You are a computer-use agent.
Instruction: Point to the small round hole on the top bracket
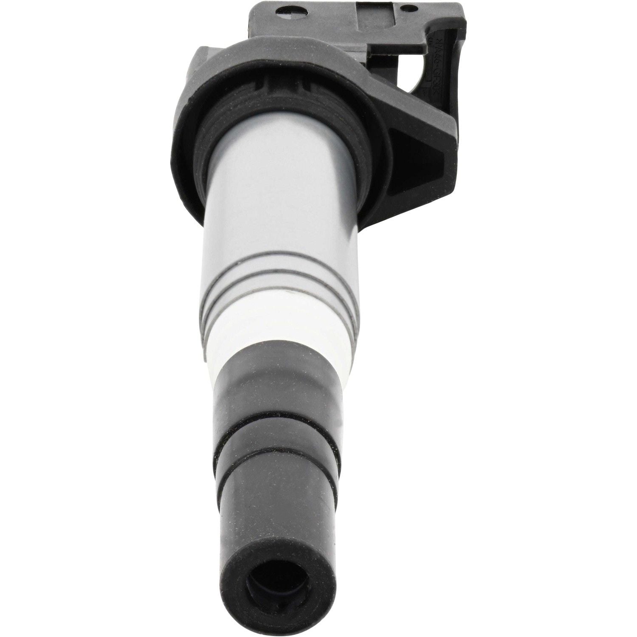pyautogui.click(x=408, y=7)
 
